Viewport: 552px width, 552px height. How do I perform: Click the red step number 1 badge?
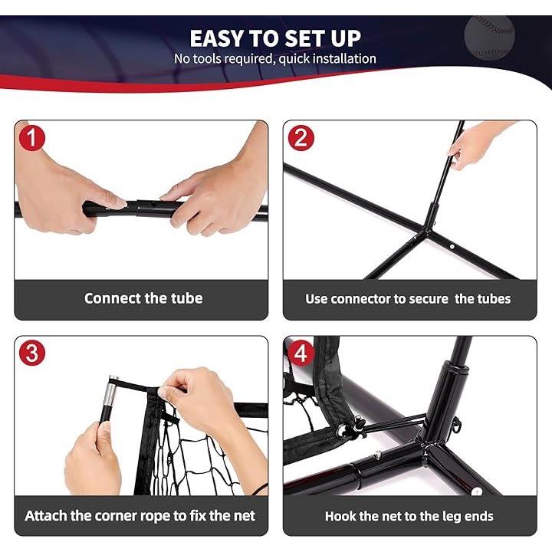point(32,138)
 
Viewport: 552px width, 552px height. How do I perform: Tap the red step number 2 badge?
point(301,138)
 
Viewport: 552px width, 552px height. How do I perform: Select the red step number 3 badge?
point(32,353)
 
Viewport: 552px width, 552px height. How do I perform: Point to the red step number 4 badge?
point(301,353)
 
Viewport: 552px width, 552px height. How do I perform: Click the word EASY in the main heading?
point(217,38)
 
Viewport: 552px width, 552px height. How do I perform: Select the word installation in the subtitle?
point(344,58)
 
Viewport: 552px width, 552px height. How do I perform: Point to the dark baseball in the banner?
point(489,38)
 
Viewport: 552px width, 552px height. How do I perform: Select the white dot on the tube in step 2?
point(452,247)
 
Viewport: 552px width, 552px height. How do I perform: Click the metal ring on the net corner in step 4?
point(341,430)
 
